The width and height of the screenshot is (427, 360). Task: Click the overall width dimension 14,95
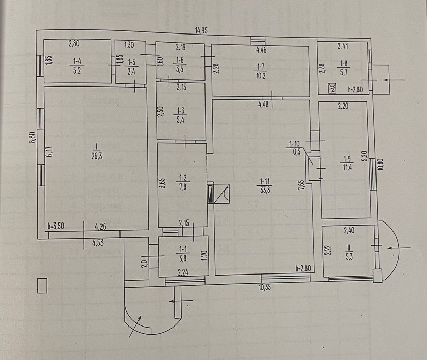(x=201, y=30)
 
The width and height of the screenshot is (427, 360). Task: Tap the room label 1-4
(x=77, y=61)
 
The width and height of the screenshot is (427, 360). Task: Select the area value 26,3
(x=97, y=156)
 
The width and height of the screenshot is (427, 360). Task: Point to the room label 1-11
(x=265, y=181)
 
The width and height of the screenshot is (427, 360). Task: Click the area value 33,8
(x=265, y=190)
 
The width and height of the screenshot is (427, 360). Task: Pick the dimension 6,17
(x=50, y=152)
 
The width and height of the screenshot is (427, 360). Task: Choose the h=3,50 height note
(x=56, y=226)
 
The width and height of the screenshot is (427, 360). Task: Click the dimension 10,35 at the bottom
(x=265, y=287)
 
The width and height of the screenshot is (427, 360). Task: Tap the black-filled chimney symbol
(x=211, y=194)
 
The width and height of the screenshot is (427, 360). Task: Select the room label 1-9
(x=347, y=159)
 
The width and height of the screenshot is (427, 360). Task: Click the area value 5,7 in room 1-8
(x=344, y=73)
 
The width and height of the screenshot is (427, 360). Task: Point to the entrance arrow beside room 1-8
(x=394, y=80)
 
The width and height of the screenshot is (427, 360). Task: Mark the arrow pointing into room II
(x=399, y=248)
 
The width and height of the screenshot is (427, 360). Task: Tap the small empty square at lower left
(x=42, y=285)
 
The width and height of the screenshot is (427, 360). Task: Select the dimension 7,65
(x=301, y=184)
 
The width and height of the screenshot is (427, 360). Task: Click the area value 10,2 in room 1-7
(x=261, y=75)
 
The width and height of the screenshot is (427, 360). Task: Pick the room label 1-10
(x=294, y=143)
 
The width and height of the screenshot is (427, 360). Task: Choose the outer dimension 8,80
(x=32, y=137)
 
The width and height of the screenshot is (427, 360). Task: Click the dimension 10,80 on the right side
(x=381, y=164)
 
